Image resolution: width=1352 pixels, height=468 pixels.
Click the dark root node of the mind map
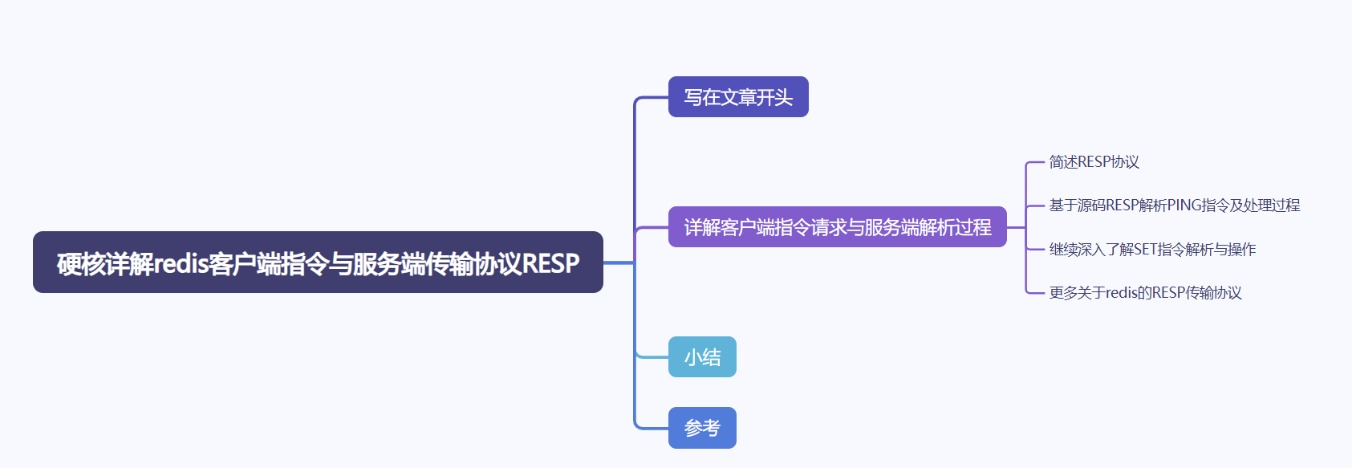click(x=318, y=262)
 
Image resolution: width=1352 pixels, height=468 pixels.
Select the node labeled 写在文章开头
click(x=738, y=97)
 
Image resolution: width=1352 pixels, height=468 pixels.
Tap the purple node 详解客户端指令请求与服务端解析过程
click(x=837, y=227)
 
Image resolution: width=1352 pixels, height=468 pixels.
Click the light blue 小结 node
click(x=702, y=357)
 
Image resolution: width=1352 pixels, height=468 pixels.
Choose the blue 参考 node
click(x=702, y=428)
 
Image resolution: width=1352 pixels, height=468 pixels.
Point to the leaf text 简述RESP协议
click(x=1094, y=162)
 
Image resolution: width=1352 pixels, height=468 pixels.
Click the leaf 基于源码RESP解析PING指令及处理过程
click(x=1174, y=206)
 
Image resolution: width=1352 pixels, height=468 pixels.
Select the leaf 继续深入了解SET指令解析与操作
click(x=1152, y=250)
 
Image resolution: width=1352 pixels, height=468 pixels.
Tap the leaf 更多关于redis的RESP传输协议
click(x=1145, y=293)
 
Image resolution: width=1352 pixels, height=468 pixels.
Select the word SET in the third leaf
click(x=1145, y=250)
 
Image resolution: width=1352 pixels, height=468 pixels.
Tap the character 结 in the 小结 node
click(x=712, y=357)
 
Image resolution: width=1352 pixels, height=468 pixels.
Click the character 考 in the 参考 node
click(x=712, y=428)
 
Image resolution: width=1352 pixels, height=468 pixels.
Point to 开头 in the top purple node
click(x=774, y=97)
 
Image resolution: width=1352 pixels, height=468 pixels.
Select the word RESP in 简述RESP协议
click(x=1094, y=162)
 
